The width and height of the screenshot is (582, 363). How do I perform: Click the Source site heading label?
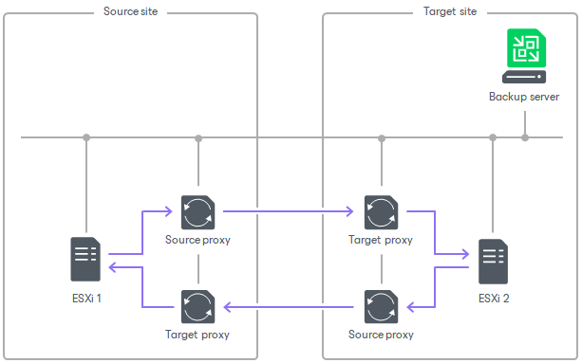point(131,11)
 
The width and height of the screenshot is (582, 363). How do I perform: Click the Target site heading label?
point(449,11)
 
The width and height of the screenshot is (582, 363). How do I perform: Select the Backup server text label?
point(524,97)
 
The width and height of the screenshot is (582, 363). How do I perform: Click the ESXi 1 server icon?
point(85,258)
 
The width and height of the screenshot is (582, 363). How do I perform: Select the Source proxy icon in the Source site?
point(197,212)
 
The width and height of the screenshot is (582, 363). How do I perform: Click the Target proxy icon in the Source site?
point(197,307)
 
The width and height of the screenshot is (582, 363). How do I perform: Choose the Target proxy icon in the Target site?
point(381,212)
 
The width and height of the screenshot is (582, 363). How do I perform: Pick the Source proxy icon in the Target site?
point(381,307)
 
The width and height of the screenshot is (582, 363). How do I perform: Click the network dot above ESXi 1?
point(86,137)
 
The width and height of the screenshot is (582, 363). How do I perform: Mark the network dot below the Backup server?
point(525,137)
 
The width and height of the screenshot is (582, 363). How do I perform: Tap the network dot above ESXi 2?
point(493,137)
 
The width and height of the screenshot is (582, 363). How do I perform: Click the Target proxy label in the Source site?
point(197,335)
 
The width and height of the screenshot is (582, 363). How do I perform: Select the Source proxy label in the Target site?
point(381,335)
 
